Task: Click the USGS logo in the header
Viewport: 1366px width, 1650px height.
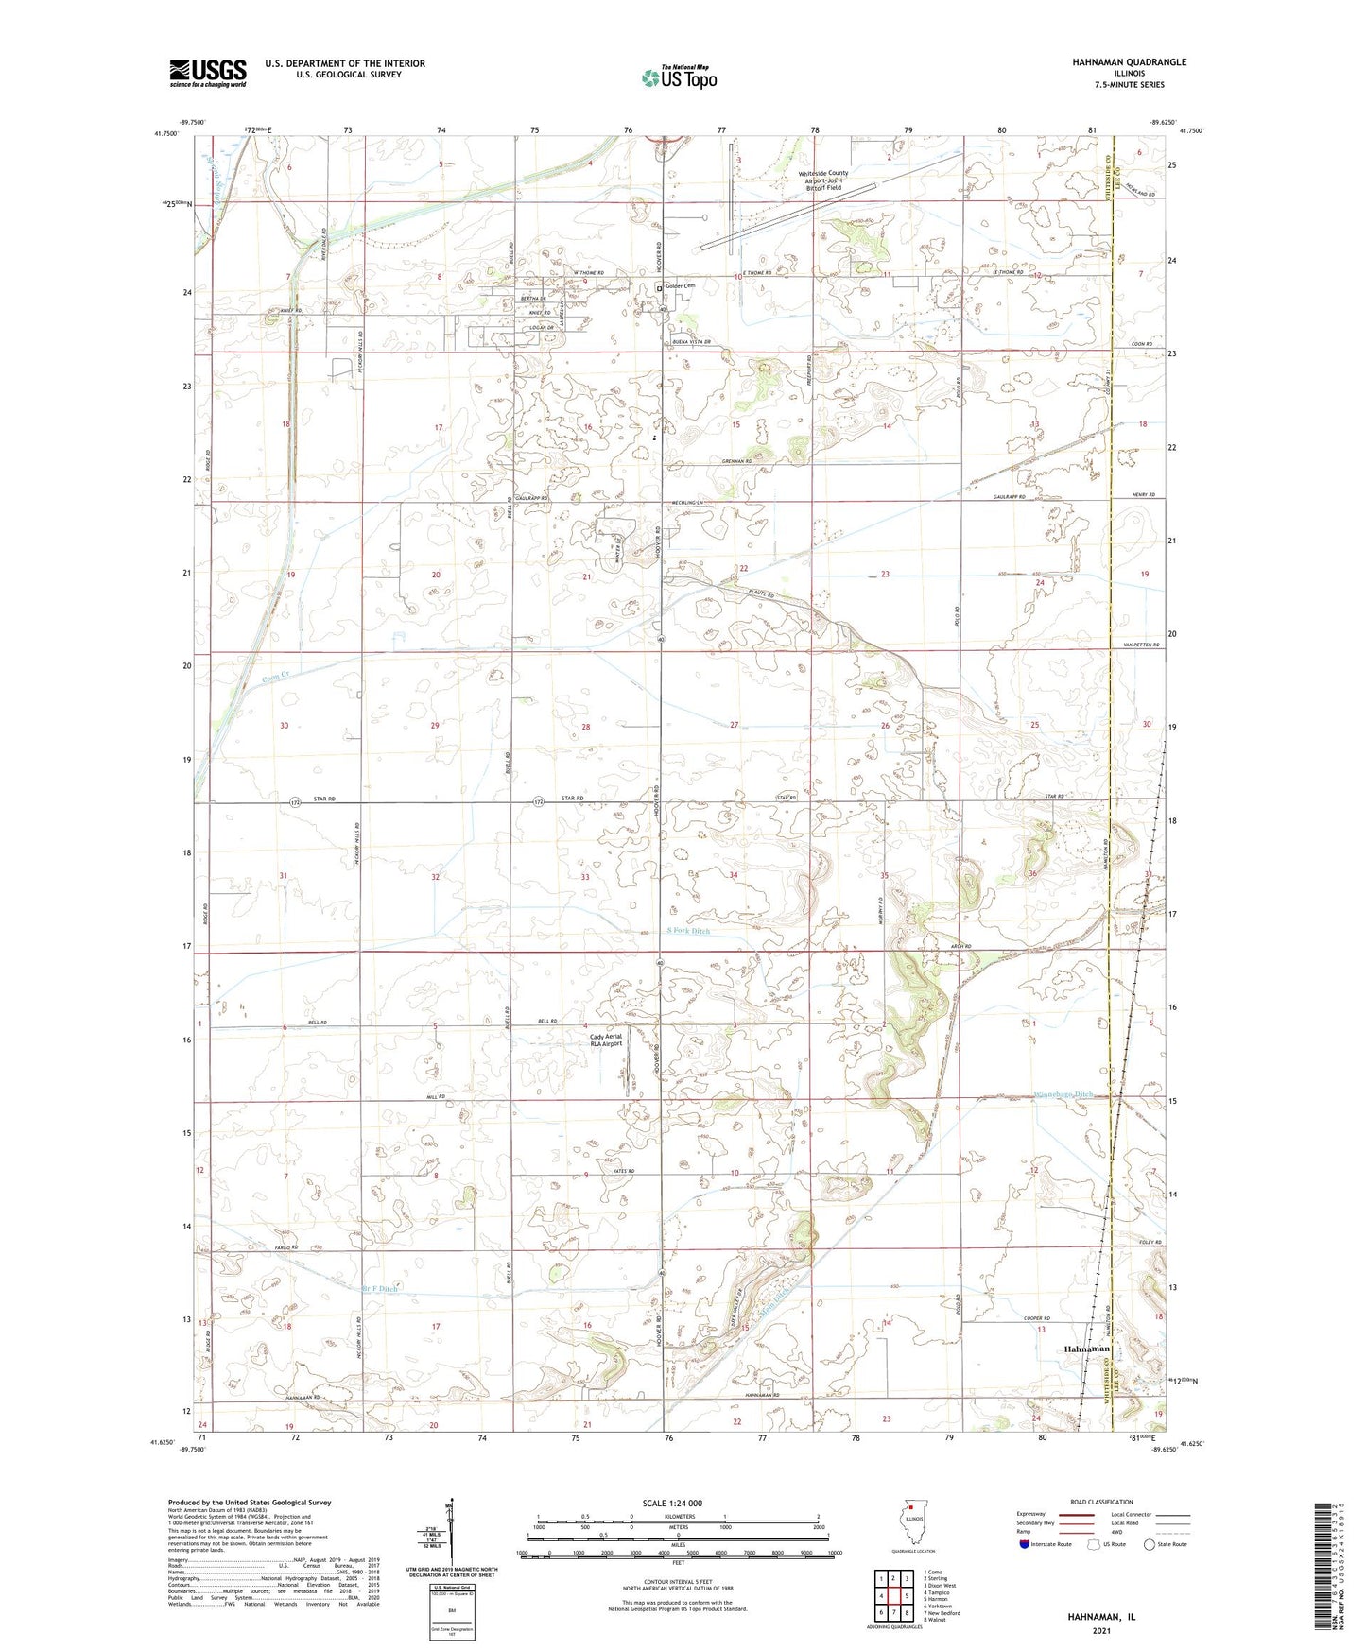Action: pyautogui.click(x=207, y=73)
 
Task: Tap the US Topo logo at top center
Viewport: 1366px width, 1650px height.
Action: pyautogui.click(x=678, y=78)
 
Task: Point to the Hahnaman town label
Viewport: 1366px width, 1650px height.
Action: pyautogui.click(x=1087, y=1349)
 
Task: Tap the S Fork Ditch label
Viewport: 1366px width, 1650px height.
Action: pyautogui.click(x=687, y=931)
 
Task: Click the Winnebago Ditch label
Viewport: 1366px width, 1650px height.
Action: pyautogui.click(x=1064, y=1094)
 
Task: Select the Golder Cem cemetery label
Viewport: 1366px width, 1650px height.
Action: pyautogui.click(x=680, y=286)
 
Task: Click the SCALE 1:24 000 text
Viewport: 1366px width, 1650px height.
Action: pyautogui.click(x=677, y=1503)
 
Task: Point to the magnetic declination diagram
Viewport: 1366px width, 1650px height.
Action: pyautogui.click(x=451, y=1533)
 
